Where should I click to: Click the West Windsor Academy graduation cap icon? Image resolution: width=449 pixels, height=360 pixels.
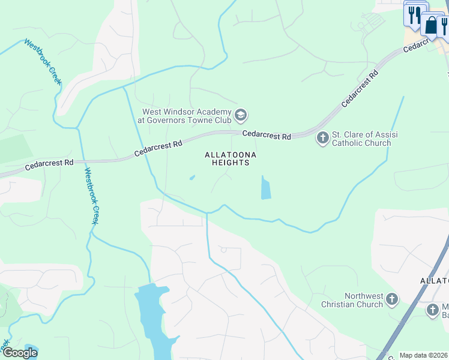click(x=241, y=115)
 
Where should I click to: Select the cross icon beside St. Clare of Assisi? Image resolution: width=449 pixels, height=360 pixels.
click(x=322, y=139)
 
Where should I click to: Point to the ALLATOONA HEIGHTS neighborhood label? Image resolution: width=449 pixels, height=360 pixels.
click(x=231, y=159)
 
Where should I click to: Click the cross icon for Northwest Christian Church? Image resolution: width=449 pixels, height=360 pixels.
click(x=392, y=299)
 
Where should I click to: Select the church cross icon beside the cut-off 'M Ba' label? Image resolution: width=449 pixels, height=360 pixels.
click(x=433, y=310)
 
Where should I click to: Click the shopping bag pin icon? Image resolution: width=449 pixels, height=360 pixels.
click(x=431, y=25)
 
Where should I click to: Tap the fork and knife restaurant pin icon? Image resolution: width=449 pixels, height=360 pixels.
click(x=414, y=15)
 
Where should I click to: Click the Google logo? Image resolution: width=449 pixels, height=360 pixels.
click(x=20, y=353)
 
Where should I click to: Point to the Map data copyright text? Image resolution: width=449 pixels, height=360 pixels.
click(x=423, y=355)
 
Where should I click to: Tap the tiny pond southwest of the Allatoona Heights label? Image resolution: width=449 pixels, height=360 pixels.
click(x=192, y=177)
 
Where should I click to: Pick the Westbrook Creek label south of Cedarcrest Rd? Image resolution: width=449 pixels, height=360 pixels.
click(x=91, y=196)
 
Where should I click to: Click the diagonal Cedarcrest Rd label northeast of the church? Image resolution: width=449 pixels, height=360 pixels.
click(x=361, y=88)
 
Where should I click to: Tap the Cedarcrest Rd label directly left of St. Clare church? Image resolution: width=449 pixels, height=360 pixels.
click(x=267, y=136)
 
